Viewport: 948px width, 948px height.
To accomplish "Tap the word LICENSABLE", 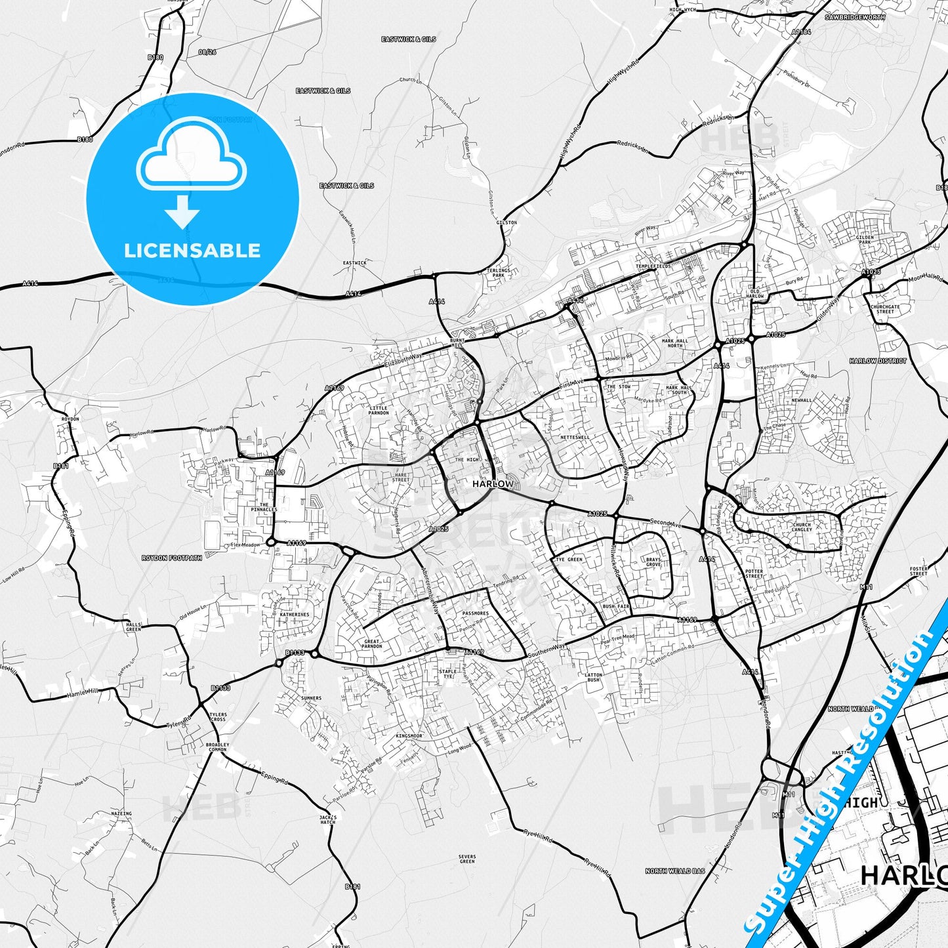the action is tap(192, 250).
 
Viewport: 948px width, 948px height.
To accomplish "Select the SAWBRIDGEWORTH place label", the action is tap(855, 17).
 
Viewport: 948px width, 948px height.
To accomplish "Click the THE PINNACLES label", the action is tap(264, 507).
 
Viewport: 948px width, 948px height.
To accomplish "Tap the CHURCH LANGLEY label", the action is tap(802, 527).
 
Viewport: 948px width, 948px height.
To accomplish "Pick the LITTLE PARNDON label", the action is tap(379, 410).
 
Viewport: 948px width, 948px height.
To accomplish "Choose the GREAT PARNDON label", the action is tap(372, 644).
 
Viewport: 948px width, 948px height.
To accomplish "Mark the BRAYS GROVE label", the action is tap(653, 562).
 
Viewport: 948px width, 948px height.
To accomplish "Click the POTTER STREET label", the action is tap(754, 574).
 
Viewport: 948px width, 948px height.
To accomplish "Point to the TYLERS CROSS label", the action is tap(218, 716).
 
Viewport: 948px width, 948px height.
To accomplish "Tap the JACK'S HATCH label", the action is tap(328, 819).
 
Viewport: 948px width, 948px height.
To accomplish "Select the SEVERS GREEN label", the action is tap(467, 859).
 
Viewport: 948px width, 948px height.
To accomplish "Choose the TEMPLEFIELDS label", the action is tap(653, 266).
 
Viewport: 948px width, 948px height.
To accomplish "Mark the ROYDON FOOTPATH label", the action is tap(172, 558).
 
